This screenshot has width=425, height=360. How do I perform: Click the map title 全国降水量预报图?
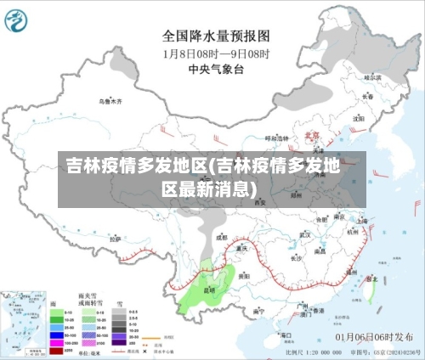(216, 37)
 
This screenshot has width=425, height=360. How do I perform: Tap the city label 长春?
(367, 96)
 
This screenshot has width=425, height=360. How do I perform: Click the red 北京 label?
(312, 134)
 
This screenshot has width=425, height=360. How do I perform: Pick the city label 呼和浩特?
(277, 138)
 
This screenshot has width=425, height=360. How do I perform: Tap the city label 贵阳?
(244, 276)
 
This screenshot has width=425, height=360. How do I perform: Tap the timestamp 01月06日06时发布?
(373, 336)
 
